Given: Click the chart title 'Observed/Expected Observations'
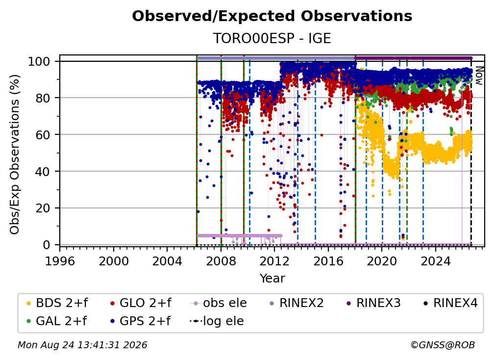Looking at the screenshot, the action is pos(272,16).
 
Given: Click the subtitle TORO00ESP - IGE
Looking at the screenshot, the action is pos(272,38).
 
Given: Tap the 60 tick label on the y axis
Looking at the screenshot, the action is pos(43,134).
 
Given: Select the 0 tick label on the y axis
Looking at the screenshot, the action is pos(47,245).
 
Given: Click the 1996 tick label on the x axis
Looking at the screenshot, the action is pos(60,261).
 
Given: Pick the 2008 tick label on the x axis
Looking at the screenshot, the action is pos(221,261).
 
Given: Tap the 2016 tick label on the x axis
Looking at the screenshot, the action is pos(328,261).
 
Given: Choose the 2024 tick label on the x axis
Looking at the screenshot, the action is pos(436,261).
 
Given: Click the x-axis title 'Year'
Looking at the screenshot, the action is pos(272,279).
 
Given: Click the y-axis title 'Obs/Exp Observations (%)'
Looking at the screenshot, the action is pos(15,154).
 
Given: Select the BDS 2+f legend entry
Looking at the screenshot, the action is pos(57,303).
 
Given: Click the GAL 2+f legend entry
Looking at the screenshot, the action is pos(56,321).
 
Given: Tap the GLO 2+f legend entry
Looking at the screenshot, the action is pos(141,303).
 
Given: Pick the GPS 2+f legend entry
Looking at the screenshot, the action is pos(140,321).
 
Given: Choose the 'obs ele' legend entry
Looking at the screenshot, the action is pos(219,303).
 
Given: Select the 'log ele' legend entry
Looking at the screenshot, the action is pos(217,321).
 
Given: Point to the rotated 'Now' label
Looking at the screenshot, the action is pos(479,76).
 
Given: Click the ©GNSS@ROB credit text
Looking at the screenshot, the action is pos(443,345).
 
